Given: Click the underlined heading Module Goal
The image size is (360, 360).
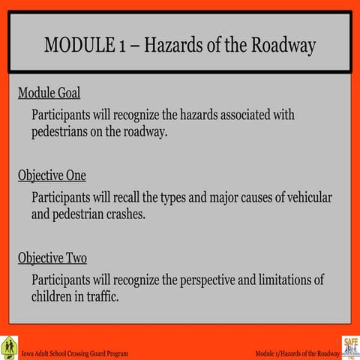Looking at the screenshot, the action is pyautogui.click(x=49, y=94).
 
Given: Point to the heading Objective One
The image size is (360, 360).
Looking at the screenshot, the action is pyautogui.click(x=52, y=175).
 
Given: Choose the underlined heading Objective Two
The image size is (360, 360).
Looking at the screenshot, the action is pyautogui.click(x=52, y=258).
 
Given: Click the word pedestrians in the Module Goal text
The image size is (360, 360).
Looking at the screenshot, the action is pyautogui.click(x=64, y=131).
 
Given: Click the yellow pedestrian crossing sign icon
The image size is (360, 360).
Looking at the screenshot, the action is pyautogui.click(x=9, y=346).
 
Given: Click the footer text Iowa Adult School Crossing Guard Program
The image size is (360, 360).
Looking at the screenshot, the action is pyautogui.click(x=75, y=353).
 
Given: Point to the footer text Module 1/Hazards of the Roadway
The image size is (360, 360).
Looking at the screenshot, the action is pyautogui.click(x=297, y=353).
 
